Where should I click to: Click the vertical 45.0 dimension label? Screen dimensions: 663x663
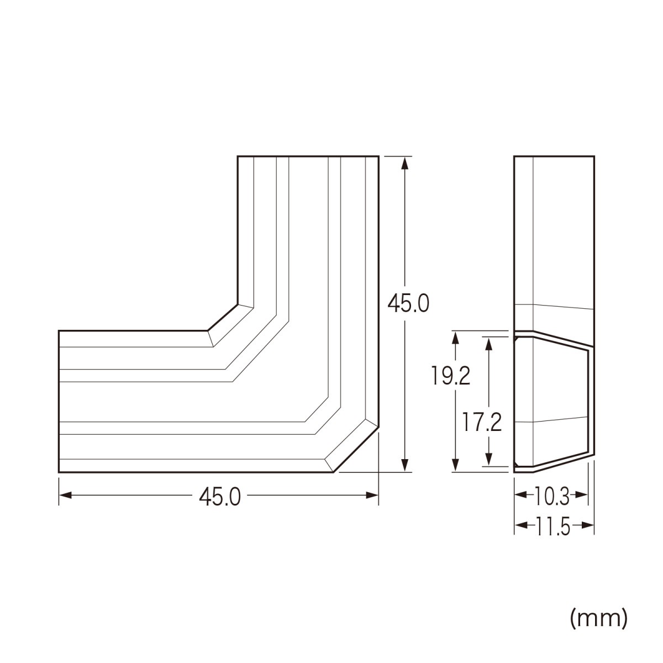click(408, 303)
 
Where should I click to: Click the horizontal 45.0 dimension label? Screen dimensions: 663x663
click(220, 497)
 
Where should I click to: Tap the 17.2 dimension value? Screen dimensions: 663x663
click(482, 423)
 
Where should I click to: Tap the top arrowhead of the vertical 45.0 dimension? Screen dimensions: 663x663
click(405, 163)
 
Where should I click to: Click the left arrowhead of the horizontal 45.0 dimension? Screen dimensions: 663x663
click(65, 496)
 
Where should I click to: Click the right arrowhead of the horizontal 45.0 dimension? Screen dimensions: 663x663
click(372, 496)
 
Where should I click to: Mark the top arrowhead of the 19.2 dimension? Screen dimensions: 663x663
click(455, 338)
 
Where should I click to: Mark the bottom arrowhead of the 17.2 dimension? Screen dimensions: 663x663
click(488, 459)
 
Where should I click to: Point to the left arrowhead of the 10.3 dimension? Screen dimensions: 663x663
click(521, 495)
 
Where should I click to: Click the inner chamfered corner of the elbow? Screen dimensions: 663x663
click(223, 318)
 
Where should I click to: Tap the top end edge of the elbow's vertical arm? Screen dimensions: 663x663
click(308, 156)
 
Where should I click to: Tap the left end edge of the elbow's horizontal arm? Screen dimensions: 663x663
click(59, 402)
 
